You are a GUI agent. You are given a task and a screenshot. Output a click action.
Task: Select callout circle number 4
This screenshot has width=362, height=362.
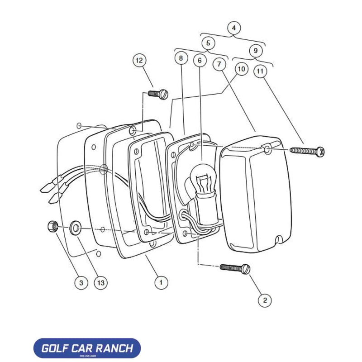[x=233, y=28]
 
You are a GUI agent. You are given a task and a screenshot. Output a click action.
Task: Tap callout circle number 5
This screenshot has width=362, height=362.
[x=208, y=43]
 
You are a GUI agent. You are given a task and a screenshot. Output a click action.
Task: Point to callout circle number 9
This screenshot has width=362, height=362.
[x=256, y=51]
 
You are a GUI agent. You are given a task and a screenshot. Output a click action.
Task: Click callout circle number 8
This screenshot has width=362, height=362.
[x=181, y=58]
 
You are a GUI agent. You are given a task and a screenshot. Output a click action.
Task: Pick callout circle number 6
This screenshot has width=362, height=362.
[x=200, y=60]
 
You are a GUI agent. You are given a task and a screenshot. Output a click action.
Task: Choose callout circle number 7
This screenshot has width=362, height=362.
[x=219, y=65]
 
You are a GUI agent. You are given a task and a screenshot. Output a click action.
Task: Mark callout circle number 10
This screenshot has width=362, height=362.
[x=241, y=69]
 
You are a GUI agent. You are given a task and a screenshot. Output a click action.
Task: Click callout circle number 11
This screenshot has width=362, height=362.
[x=259, y=71]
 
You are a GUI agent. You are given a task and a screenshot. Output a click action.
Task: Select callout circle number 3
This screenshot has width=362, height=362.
[x=81, y=283]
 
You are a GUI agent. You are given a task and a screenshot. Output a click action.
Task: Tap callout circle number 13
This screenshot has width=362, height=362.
[x=101, y=283]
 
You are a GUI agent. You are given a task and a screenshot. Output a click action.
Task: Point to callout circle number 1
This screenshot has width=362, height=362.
[x=160, y=283]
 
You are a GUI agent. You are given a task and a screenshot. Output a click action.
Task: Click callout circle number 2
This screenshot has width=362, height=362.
[x=265, y=299]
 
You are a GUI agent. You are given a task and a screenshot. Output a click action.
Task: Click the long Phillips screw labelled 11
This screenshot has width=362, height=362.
[x=308, y=151]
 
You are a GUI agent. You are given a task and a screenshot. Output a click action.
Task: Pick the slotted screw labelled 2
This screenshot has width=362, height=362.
[x=235, y=268]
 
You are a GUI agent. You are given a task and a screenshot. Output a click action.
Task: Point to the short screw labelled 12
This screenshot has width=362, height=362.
[x=158, y=94]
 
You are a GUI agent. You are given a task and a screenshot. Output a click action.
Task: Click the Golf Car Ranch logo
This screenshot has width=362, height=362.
[x=87, y=348]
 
